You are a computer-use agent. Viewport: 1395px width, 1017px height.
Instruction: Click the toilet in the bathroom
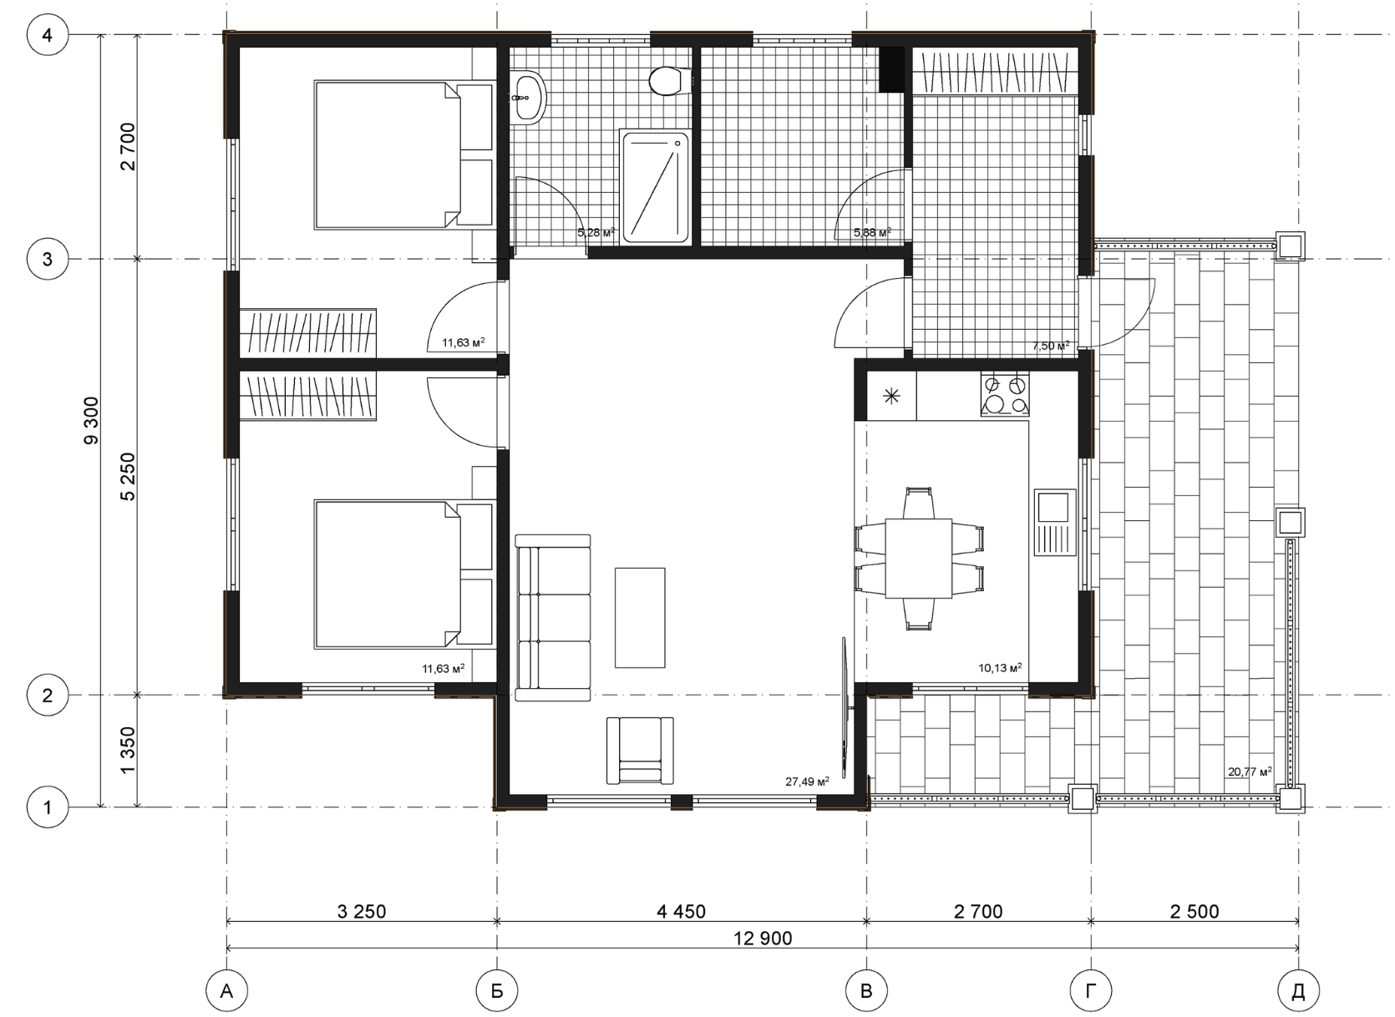669,81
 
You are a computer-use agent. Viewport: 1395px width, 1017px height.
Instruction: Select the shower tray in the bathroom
656,187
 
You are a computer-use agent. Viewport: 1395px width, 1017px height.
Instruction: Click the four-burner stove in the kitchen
1005,394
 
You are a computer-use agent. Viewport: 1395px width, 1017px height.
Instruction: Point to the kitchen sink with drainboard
1056,522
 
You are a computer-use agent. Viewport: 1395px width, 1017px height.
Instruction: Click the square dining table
919,559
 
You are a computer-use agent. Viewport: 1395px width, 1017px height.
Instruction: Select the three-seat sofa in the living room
553,617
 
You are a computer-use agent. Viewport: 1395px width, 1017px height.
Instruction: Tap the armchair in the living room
640,751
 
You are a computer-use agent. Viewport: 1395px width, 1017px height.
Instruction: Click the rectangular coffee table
640,617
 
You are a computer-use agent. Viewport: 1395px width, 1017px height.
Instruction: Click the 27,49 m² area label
807,782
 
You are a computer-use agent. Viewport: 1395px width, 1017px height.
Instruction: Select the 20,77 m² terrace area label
1250,772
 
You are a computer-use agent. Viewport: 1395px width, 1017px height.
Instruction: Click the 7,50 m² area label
1051,346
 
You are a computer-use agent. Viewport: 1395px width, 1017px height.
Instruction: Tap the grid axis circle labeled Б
497,989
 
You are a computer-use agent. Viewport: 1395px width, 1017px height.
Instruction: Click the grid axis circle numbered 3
48,259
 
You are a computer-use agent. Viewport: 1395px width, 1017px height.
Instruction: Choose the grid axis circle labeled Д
1298,989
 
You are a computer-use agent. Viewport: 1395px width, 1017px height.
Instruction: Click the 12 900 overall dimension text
763,938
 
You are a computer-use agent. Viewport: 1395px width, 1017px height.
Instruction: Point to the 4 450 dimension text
682,912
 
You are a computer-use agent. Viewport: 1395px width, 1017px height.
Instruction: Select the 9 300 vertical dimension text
91,421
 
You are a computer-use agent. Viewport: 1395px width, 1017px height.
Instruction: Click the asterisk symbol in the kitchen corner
892,396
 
